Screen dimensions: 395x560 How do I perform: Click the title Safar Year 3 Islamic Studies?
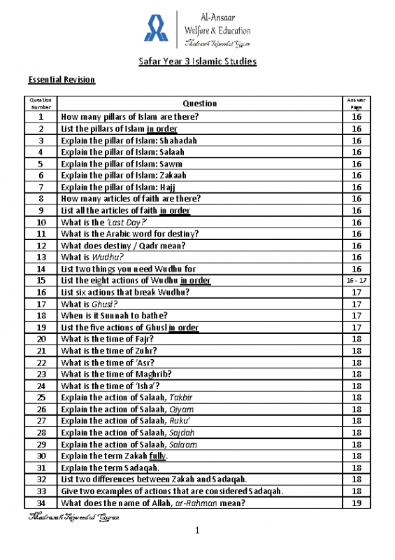pyautogui.click(x=197, y=62)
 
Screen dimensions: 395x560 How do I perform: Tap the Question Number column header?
pyautogui.click(x=41, y=104)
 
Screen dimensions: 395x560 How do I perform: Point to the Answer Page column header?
pyautogui.click(x=356, y=104)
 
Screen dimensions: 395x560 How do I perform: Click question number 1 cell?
pyautogui.click(x=41, y=117)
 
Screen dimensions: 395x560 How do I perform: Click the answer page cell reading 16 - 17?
pyautogui.click(x=356, y=281)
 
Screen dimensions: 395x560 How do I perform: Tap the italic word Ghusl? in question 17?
pyautogui.click(x=105, y=304)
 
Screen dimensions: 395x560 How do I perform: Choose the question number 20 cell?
pyautogui.click(x=41, y=339)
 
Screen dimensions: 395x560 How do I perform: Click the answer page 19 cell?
pyautogui.click(x=356, y=503)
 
